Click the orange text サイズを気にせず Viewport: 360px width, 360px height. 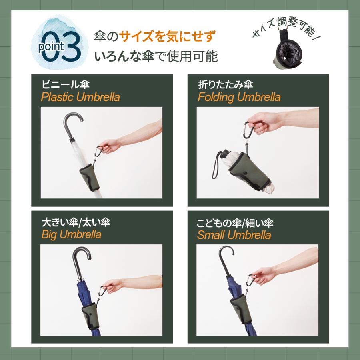[x=164, y=37]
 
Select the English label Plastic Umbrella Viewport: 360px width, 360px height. [x=80, y=97]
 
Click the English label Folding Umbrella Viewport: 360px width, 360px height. [x=239, y=97]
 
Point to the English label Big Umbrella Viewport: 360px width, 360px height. [x=71, y=234]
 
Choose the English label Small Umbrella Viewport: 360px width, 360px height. [x=234, y=235]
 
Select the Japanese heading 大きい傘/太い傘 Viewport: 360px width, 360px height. [x=76, y=222]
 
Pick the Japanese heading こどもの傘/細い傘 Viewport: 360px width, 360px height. [x=235, y=222]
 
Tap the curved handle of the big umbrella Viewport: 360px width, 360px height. [x=82, y=256]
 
